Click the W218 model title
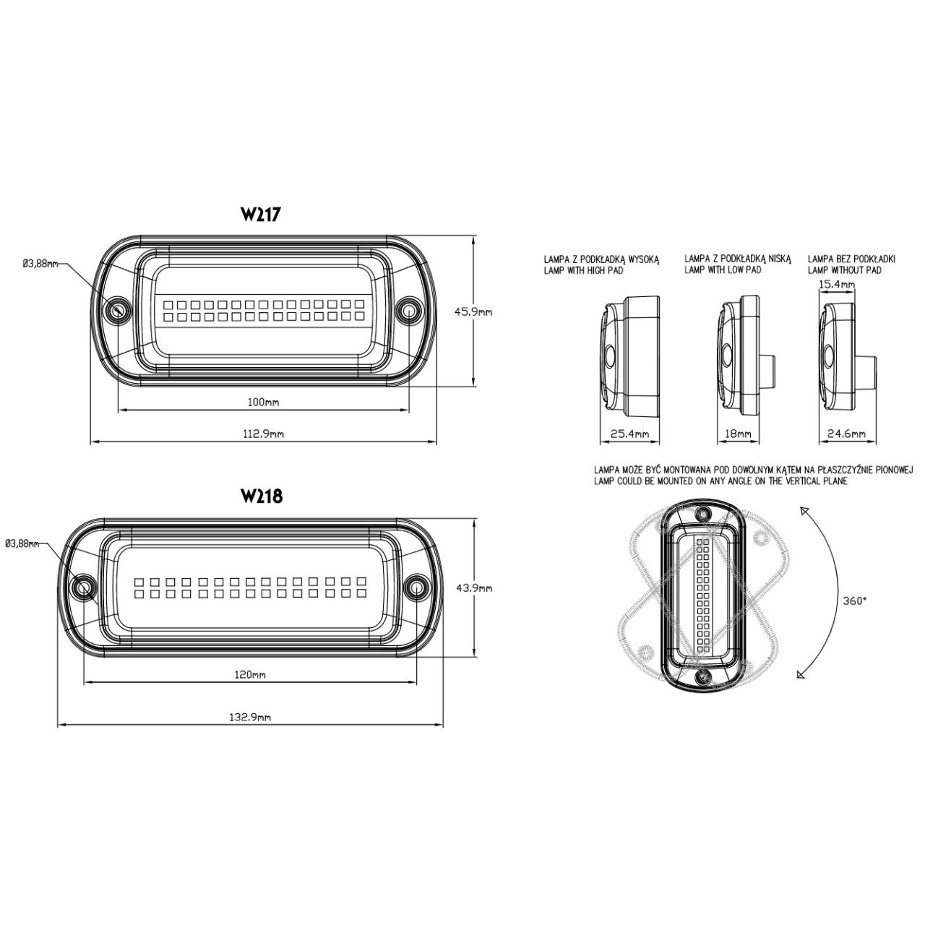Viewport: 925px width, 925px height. click(x=262, y=496)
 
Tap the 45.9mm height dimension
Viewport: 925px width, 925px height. click(x=473, y=312)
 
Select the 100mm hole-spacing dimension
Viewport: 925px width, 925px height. click(x=264, y=403)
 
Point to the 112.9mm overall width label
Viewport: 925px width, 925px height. click(x=264, y=434)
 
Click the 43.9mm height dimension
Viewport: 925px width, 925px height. click(x=473, y=588)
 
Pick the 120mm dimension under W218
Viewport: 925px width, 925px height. click(x=251, y=675)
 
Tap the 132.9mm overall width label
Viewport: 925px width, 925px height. click(x=251, y=717)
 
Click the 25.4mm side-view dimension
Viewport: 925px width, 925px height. click(x=630, y=434)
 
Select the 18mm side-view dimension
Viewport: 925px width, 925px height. click(x=739, y=434)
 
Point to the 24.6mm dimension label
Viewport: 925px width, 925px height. click(x=846, y=434)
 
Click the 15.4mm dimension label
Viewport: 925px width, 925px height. click(x=836, y=284)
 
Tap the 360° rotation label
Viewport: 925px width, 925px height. click(x=855, y=600)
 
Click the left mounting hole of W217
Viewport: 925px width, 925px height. click(x=117, y=309)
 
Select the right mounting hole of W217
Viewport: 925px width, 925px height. click(x=409, y=309)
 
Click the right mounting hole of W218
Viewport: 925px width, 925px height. click(x=416, y=588)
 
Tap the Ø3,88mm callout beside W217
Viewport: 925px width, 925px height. click(x=40, y=263)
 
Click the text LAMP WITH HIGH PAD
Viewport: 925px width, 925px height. click(x=583, y=271)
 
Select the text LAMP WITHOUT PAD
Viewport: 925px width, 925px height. click(x=845, y=271)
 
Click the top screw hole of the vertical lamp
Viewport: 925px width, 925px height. click(x=703, y=514)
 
